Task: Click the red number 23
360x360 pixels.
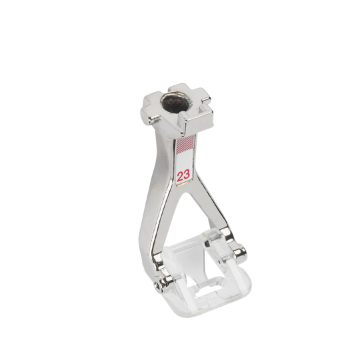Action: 183,175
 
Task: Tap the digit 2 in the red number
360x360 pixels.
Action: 180,176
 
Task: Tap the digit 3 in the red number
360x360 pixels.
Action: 187,175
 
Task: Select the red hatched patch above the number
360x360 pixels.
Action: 186,145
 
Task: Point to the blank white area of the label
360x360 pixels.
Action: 185,162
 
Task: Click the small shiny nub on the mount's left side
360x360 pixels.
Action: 152,119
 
